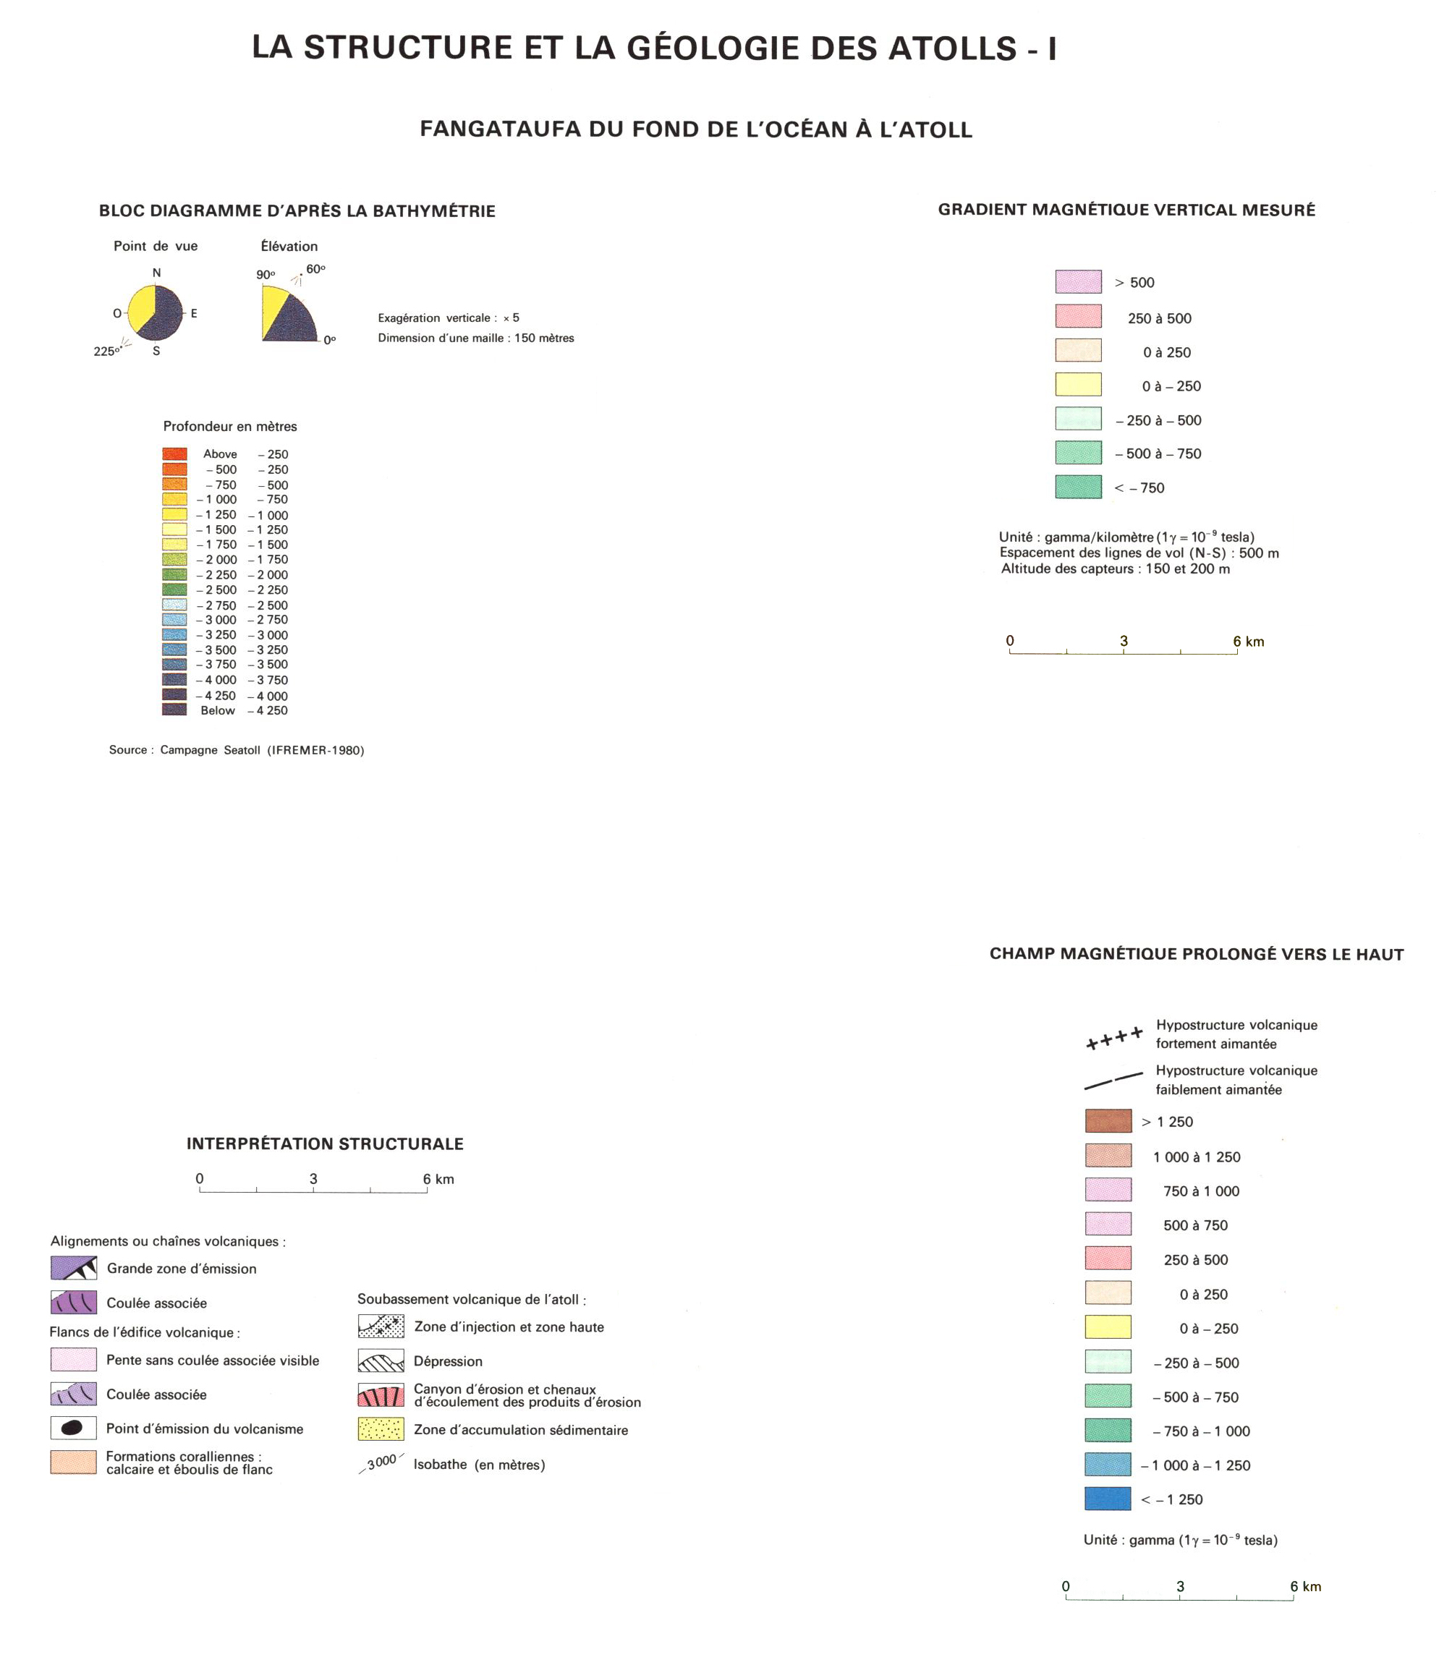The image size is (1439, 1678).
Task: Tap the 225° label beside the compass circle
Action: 106,352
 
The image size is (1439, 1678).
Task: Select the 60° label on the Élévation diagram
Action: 315,269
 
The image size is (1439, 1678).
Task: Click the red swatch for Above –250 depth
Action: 174,454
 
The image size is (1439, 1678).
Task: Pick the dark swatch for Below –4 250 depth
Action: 174,710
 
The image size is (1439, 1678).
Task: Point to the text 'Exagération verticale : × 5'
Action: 448,318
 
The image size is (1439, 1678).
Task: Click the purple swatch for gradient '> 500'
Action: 1078,282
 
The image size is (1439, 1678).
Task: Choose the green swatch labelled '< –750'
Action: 1078,487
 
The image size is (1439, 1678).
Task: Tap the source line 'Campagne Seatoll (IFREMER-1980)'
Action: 262,751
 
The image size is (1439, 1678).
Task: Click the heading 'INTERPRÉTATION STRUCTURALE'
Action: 325,1143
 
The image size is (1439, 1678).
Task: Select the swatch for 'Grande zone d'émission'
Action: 74,1268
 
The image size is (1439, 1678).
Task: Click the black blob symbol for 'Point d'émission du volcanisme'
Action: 73,1428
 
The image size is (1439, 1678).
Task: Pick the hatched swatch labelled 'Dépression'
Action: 381,1361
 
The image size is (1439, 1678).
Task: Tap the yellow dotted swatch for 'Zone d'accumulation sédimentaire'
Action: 381,1429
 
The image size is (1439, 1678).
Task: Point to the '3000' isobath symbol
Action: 381,1462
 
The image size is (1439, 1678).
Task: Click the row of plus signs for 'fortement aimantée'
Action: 1114,1038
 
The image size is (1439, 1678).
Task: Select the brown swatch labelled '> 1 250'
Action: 1108,1122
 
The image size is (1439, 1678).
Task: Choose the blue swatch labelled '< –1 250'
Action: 1108,1499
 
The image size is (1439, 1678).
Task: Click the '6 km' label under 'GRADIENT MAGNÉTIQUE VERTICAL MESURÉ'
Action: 1248,642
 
